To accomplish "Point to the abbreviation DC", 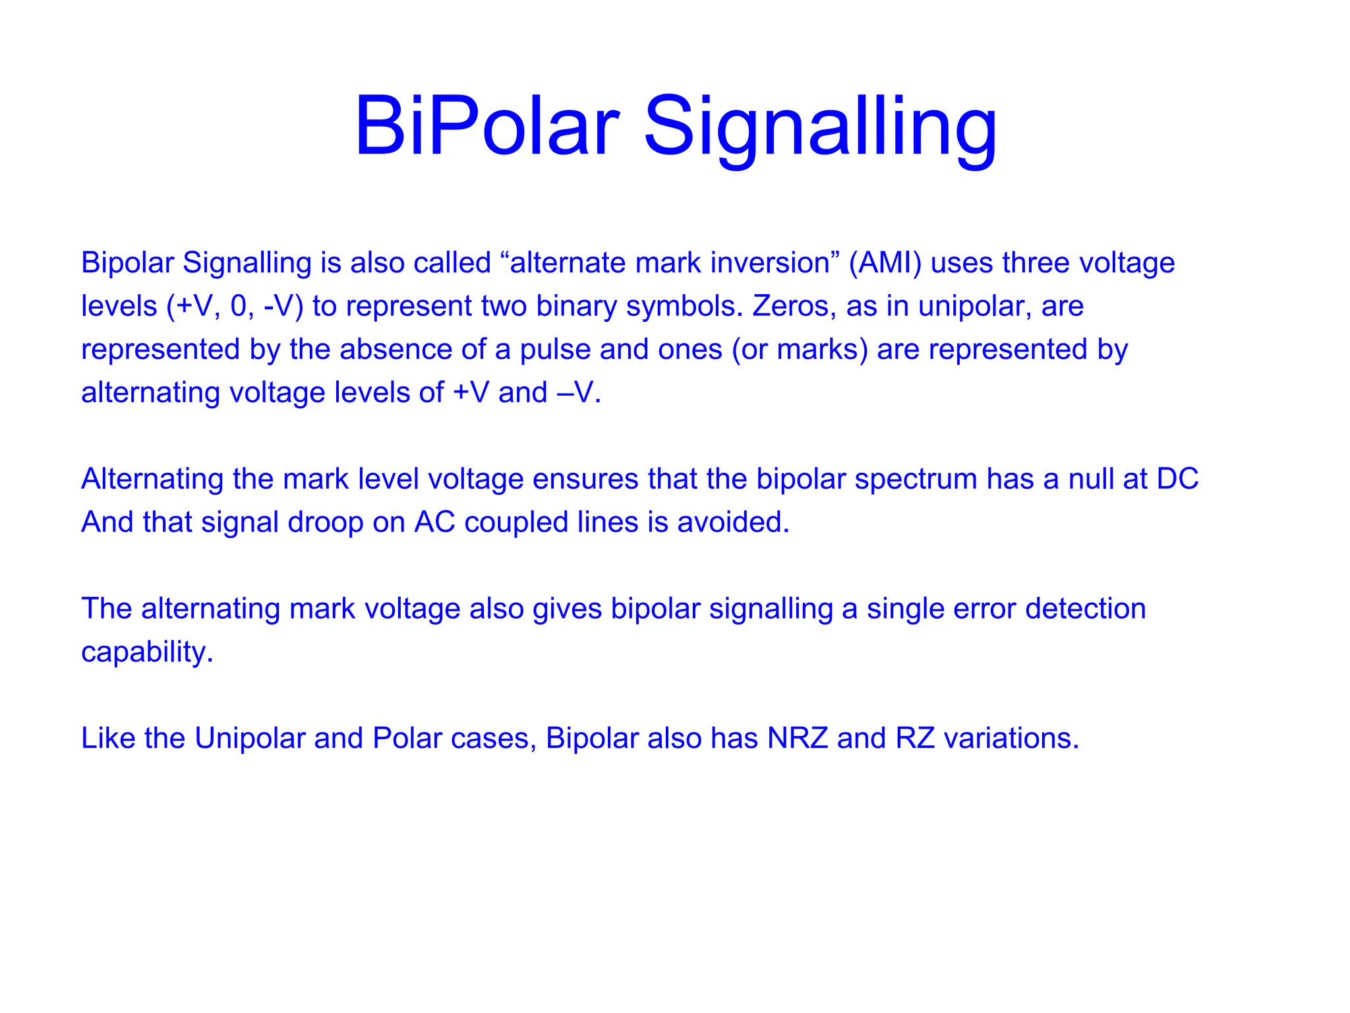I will [1177, 479].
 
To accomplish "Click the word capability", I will [147, 652].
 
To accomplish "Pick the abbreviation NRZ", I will [798, 739].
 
